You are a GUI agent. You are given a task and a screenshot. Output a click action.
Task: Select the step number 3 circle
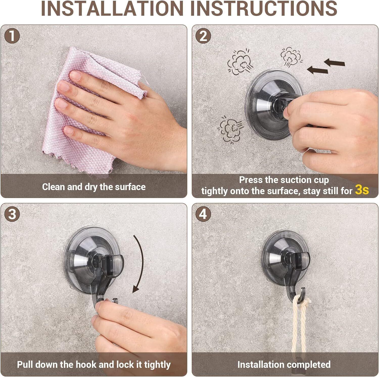click(12, 214)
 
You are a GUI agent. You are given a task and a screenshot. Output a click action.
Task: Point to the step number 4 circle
click(203, 214)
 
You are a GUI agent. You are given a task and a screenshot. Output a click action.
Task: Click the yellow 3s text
click(362, 190)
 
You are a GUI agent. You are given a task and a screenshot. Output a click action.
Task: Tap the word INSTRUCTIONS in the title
click(266, 8)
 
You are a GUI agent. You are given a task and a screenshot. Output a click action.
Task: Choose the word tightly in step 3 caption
click(157, 365)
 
